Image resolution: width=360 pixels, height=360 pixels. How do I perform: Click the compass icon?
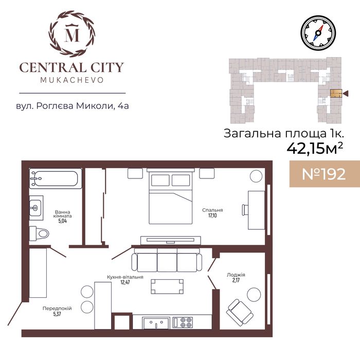(318, 33)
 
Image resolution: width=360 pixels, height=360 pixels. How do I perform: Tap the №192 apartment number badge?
(325, 174)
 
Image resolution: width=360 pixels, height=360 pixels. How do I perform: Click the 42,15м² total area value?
(315, 149)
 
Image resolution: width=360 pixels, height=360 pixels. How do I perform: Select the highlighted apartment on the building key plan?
(336, 93)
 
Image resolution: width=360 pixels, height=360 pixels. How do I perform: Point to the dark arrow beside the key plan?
(346, 93)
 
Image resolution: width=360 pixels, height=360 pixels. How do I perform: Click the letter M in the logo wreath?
(72, 34)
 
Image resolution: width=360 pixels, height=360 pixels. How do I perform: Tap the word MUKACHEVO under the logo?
(72, 80)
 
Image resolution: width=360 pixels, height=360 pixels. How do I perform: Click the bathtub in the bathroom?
(56, 178)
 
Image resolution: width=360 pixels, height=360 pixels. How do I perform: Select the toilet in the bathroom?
(39, 233)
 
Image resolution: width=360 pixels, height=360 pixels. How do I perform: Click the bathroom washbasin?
(36, 208)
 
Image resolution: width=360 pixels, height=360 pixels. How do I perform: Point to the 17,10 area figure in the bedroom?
(212, 215)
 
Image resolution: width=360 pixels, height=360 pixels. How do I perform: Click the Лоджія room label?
(236, 275)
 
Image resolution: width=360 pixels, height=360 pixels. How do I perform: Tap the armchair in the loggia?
(240, 312)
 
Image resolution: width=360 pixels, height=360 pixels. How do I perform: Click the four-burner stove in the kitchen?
(183, 322)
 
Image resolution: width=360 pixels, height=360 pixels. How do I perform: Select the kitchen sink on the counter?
(156, 323)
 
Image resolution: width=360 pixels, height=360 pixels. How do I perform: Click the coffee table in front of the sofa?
(167, 286)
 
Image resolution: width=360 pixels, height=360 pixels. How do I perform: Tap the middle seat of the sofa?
(167, 262)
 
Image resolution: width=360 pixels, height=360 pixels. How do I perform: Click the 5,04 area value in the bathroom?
(62, 221)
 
